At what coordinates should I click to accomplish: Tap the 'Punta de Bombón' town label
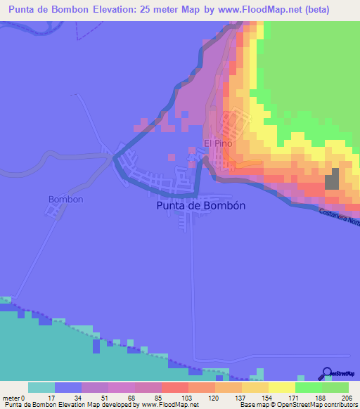[x=199, y=206]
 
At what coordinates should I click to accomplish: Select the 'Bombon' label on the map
[x=66, y=199]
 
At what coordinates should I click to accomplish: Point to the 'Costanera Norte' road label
[x=338, y=217]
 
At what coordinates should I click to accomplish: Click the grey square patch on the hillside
[x=332, y=180]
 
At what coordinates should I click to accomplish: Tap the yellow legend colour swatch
[x=281, y=387]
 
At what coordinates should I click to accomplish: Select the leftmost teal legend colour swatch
[x=41, y=387]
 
